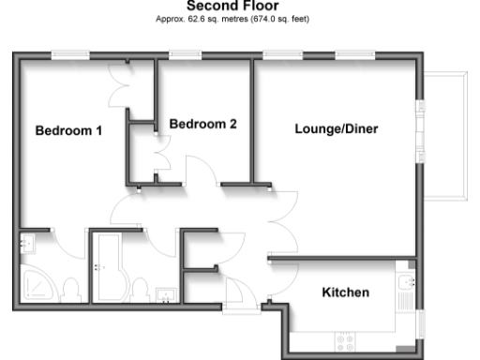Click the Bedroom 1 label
coord(68,130)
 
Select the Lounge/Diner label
coord(336,129)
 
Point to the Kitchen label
coord(345,292)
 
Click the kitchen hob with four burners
coord(344,340)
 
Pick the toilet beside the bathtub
coord(139,288)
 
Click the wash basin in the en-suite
coord(25,245)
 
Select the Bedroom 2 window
coord(185,55)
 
